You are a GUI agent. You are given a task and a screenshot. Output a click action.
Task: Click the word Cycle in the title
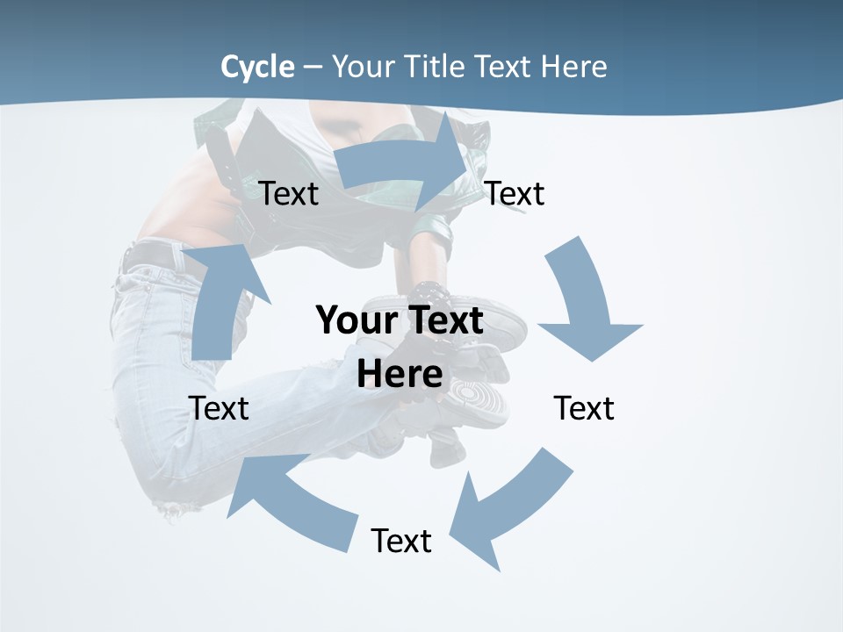pos(257,67)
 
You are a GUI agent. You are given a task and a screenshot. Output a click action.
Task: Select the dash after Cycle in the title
pos(313,68)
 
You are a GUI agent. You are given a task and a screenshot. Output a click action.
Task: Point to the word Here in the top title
pos(573,67)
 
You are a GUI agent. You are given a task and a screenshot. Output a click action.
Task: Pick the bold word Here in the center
pos(400,374)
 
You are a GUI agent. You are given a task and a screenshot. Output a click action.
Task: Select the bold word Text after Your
pos(443,320)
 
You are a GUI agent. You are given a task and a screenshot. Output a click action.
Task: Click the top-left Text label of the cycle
pos(289,193)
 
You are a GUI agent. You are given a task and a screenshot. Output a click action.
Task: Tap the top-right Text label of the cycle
pos(515,193)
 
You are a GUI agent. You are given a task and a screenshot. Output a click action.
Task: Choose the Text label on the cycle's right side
pos(584,408)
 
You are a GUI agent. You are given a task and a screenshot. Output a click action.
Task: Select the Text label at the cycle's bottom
pos(401,541)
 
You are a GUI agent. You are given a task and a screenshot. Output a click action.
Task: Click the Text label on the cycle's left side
pos(219,408)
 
